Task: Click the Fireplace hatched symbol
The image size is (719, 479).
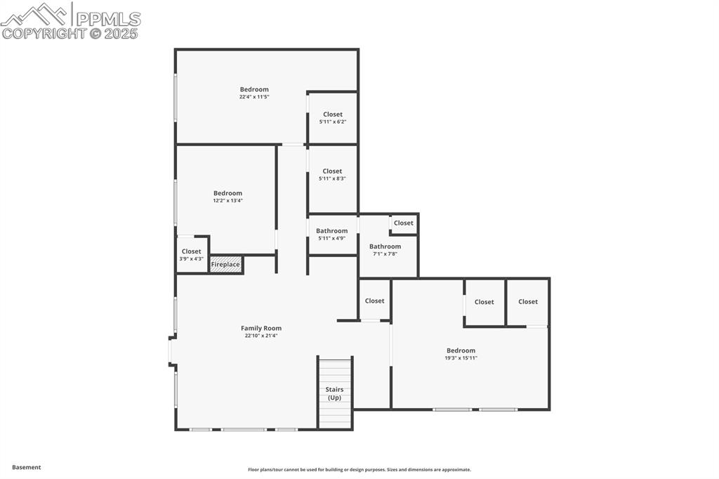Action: pos(226,265)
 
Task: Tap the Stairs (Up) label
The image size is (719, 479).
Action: pos(334,393)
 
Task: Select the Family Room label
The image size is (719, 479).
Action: pos(261,328)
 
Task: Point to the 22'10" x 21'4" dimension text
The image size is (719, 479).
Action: pos(261,336)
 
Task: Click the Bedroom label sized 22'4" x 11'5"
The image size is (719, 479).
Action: pos(254,89)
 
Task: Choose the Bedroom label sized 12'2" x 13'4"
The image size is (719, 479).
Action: pos(228,193)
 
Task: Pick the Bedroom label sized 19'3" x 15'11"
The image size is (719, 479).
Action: pos(461,350)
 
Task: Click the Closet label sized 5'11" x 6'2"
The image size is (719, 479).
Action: pos(333,114)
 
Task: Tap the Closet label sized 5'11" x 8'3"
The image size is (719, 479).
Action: pos(332,171)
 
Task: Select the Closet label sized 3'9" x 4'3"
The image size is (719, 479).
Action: pos(191,251)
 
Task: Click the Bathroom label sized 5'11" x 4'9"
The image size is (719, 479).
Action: pos(331,231)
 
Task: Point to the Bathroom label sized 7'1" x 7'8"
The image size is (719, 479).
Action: pos(385,247)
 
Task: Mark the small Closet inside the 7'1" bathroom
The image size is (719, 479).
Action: pos(404,223)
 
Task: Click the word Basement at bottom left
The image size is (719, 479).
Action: pos(27,467)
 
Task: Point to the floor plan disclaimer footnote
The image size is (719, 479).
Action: pos(359,470)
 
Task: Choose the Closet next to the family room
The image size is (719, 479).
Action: pos(375,301)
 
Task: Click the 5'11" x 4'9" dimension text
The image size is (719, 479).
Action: pos(331,239)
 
